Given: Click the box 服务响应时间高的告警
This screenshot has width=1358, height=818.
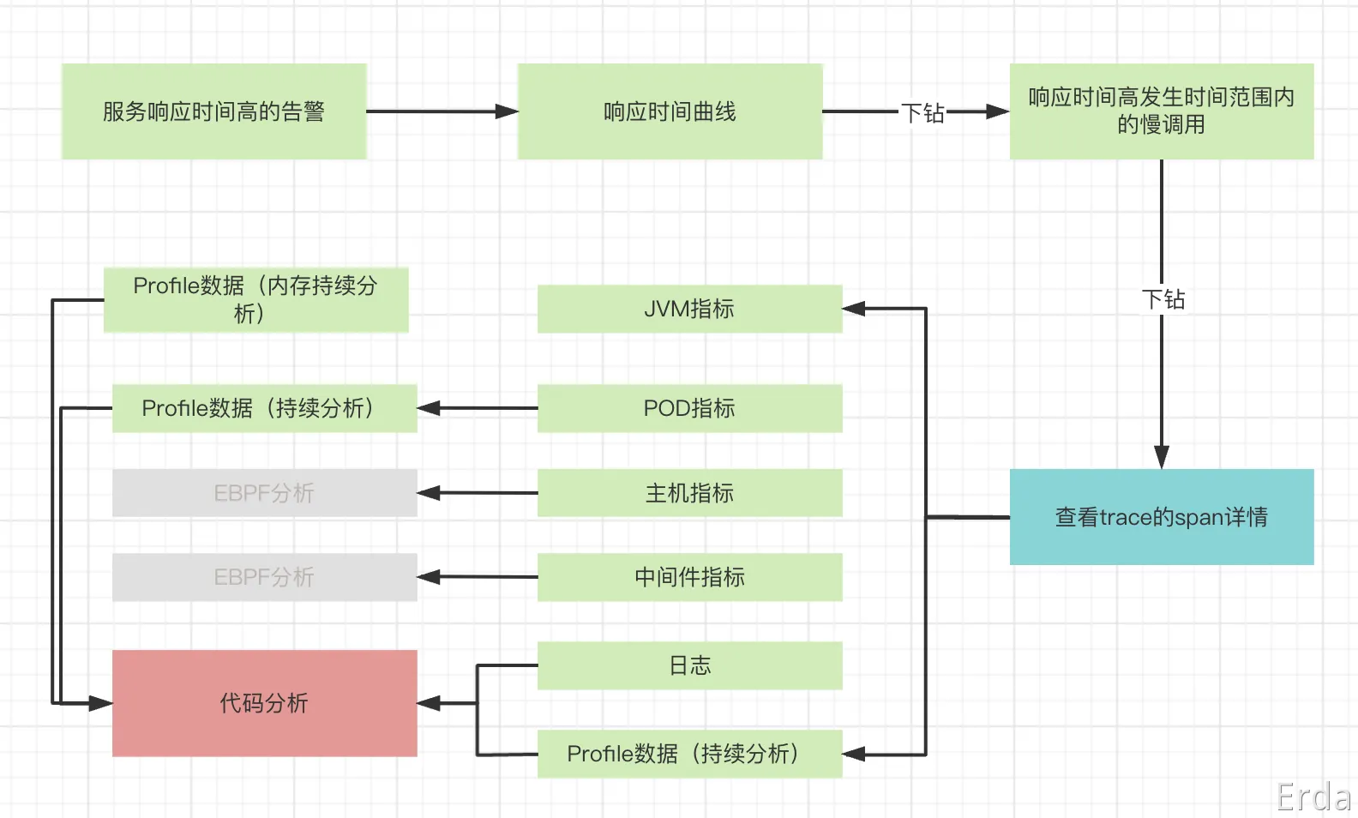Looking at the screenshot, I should click(x=213, y=111).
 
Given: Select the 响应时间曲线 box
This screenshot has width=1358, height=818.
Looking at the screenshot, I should click(x=670, y=111).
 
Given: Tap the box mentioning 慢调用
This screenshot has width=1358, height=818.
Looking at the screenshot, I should click(x=1161, y=111).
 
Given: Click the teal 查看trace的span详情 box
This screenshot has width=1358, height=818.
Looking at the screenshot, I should click(x=1161, y=517).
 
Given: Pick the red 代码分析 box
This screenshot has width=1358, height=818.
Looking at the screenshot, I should click(x=264, y=703).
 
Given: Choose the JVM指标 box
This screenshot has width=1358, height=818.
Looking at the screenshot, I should click(x=689, y=309).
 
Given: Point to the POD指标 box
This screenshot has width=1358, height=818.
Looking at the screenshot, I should click(x=689, y=408).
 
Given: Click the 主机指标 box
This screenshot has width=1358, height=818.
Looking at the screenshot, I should click(x=689, y=493).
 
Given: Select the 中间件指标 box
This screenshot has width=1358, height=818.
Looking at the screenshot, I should click(x=689, y=577).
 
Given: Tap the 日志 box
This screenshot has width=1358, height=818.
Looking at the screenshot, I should click(x=689, y=665).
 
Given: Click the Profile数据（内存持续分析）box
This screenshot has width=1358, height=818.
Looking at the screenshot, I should click(x=255, y=299).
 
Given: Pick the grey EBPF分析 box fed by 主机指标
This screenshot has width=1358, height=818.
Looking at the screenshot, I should click(x=264, y=493).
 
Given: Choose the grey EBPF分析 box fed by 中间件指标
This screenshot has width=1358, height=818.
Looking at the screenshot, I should click(x=264, y=577).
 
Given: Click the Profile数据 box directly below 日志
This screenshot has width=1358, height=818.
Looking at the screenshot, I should click(x=689, y=754).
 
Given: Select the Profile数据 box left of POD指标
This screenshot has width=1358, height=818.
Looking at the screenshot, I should click(x=264, y=408).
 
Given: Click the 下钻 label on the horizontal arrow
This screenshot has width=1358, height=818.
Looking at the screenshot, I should click(x=922, y=113).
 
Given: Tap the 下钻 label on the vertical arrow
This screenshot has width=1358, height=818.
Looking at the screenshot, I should click(x=1163, y=299).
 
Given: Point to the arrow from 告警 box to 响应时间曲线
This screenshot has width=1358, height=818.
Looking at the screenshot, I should click(x=442, y=111).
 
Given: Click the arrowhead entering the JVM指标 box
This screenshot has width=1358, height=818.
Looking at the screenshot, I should click(x=854, y=309).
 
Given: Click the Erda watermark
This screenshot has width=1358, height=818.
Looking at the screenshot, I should click(x=1313, y=797).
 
